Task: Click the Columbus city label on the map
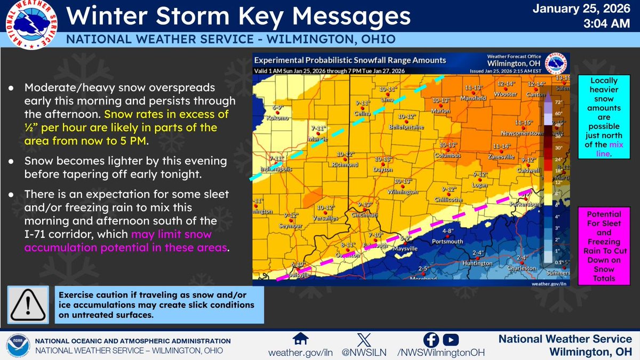coord(447,156)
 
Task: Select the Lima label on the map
coord(387,99)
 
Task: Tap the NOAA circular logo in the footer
coord(18,346)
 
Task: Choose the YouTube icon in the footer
coord(450,339)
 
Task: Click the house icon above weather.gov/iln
coord(301,339)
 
